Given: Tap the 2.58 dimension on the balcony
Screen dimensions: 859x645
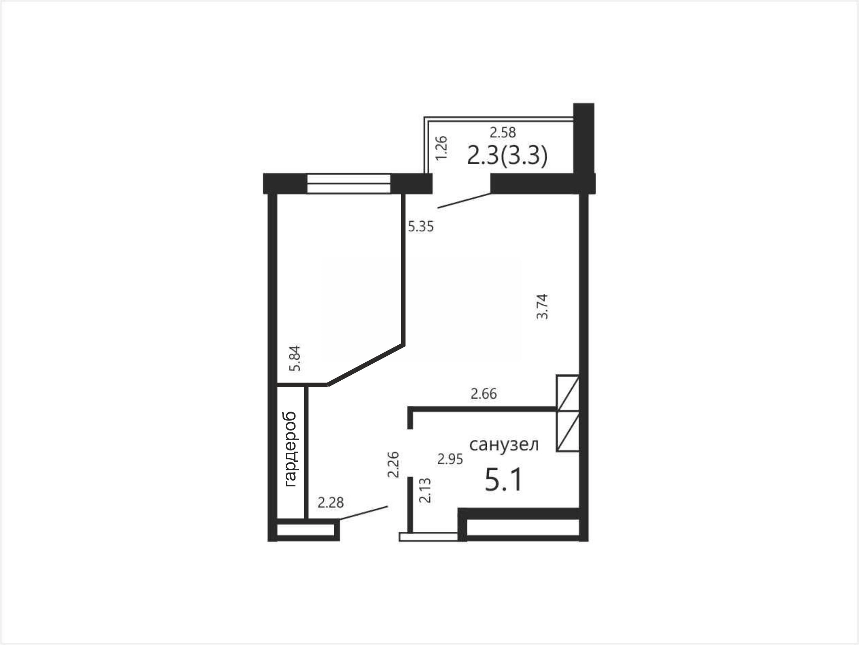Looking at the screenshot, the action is pos(503,132).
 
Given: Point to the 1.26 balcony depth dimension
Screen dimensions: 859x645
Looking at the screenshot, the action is pos(441,148).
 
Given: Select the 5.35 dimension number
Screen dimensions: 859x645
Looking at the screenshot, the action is pos(421,226).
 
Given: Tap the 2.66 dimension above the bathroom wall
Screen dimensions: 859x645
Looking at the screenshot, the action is pos(484,394).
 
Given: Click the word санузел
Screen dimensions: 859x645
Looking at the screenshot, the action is pos(504,444).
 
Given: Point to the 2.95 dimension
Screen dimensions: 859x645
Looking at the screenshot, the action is pos(450,459).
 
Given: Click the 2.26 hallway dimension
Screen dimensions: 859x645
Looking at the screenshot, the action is pos(393,464).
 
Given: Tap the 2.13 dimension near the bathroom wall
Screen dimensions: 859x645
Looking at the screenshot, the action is pos(425,490).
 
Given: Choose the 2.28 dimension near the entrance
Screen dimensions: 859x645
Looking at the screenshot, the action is pos(331,502).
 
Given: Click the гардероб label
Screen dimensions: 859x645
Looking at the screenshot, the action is pos(291,449).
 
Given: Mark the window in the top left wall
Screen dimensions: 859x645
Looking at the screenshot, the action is pos(349,184).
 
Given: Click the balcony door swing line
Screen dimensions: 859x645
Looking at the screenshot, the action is pos(464,201).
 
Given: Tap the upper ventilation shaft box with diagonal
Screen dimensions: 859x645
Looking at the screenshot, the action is pos(568,393).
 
